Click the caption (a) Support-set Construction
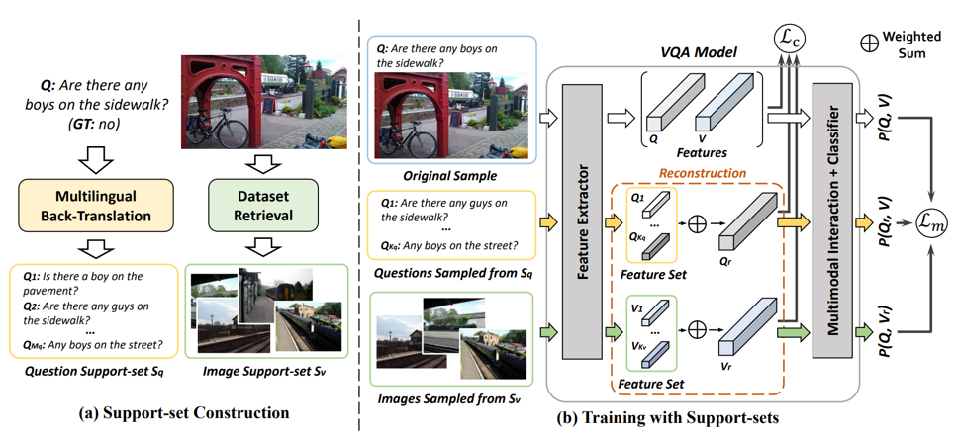(x=184, y=412)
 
